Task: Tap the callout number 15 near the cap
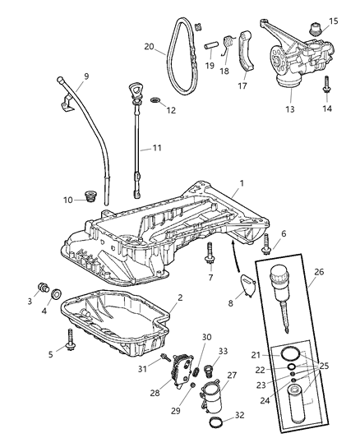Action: click(x=334, y=20)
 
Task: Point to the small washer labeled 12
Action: click(x=155, y=100)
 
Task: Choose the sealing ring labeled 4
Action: click(x=55, y=293)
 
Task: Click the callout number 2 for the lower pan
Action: click(x=179, y=297)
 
